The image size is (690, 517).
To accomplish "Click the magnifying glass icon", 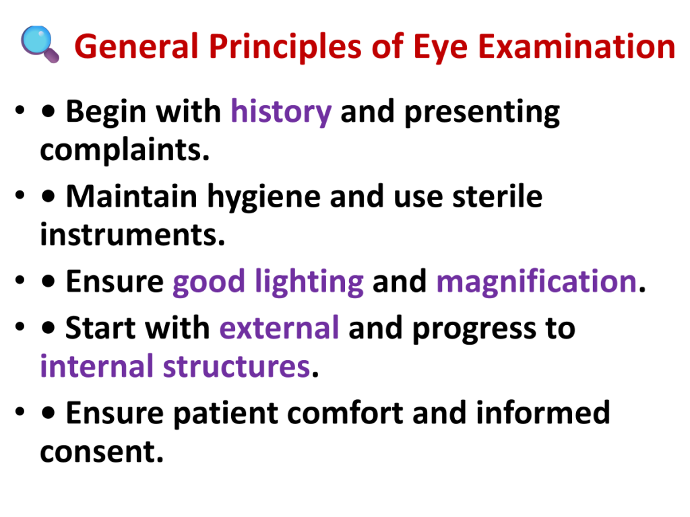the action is [40, 44].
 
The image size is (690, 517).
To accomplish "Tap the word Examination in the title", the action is [577, 46].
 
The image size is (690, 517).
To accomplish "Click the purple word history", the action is [281, 112].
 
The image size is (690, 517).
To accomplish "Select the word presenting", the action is [482, 113].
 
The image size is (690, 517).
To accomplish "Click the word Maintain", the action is [131, 196].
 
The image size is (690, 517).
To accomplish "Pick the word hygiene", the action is [264, 198].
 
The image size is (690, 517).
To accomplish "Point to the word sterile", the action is [497, 196].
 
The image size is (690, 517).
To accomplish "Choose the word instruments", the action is [133, 234].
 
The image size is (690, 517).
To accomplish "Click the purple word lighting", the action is [309, 283].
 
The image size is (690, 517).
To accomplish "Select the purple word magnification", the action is [536, 281].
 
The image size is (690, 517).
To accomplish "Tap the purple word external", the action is [280, 328].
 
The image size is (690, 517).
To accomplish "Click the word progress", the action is [474, 330].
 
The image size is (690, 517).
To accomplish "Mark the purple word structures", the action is [237, 367].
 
